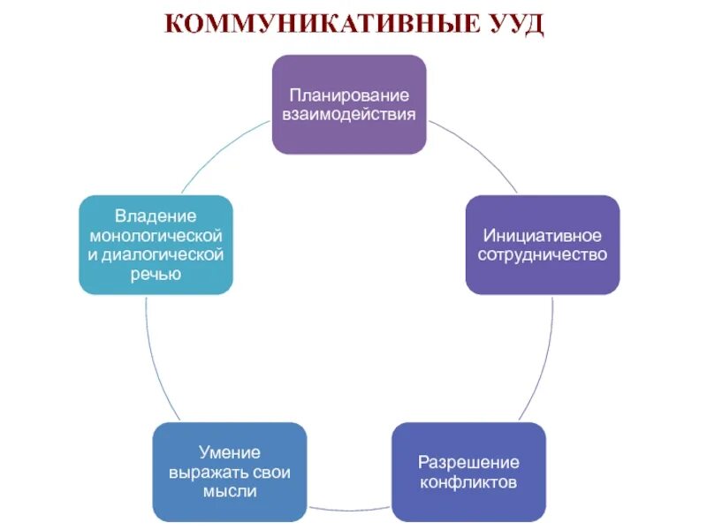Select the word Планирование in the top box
click(x=349, y=95)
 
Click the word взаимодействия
click(x=349, y=114)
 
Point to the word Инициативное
click(x=543, y=235)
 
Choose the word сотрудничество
click(x=543, y=254)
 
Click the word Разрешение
click(x=468, y=463)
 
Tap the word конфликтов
click(x=468, y=482)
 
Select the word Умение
click(x=229, y=453)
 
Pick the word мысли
click(x=229, y=492)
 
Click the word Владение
click(x=156, y=216)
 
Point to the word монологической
click(x=156, y=236)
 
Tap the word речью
click(x=156, y=275)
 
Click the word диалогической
click(x=162, y=255)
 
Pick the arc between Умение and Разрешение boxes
click(x=349, y=511)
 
